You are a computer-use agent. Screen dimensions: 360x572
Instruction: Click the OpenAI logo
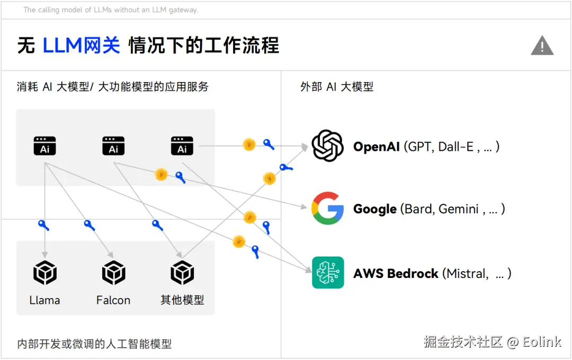click(x=328, y=146)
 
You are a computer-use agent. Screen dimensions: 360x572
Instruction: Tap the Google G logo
click(x=328, y=208)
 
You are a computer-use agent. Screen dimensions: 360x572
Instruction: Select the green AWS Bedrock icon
click(x=328, y=273)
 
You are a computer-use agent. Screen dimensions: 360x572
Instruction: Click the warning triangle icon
click(x=542, y=46)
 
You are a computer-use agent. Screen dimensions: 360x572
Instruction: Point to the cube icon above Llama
click(x=44, y=273)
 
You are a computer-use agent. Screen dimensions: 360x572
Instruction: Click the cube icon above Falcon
click(x=113, y=273)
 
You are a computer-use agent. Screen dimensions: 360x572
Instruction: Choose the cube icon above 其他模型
click(x=182, y=273)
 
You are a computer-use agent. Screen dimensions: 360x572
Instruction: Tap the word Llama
click(x=44, y=300)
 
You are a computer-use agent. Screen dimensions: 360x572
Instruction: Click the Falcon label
click(x=113, y=300)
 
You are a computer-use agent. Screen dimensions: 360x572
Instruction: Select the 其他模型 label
click(x=182, y=300)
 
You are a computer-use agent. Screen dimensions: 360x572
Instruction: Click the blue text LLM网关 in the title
click(x=82, y=46)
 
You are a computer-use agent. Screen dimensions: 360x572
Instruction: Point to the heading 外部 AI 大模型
click(x=337, y=87)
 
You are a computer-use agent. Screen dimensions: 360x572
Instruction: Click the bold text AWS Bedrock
click(x=396, y=274)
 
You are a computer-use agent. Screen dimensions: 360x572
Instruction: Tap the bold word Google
click(x=375, y=209)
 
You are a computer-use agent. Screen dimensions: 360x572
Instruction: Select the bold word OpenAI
click(x=376, y=147)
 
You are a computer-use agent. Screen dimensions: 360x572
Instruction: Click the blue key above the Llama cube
click(x=43, y=225)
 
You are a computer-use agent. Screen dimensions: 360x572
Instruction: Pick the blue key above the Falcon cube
click(x=89, y=225)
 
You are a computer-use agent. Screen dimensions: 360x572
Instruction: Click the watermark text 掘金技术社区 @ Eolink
click(x=492, y=342)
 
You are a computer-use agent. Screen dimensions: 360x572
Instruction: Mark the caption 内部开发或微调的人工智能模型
click(x=94, y=344)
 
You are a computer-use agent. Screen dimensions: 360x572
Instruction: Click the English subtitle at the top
click(x=111, y=10)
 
